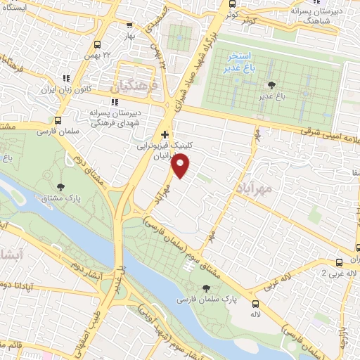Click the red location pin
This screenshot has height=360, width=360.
[x=181, y=166]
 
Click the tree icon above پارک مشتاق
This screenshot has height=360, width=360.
[x=61, y=187]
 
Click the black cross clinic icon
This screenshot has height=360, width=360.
[x=165, y=134]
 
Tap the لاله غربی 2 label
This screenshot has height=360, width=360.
[x=335, y=273]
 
